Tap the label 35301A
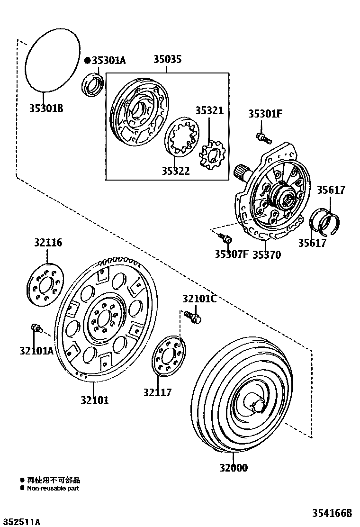(108, 60)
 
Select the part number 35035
(167, 60)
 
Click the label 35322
(175, 171)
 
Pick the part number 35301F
(265, 114)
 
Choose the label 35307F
(231, 254)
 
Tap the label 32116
(47, 243)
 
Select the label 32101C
(199, 299)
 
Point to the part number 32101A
(36, 351)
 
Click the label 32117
(158, 392)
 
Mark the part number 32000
(233, 468)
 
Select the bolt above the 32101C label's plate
(192, 316)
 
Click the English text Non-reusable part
(53, 488)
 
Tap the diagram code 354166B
(332, 513)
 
